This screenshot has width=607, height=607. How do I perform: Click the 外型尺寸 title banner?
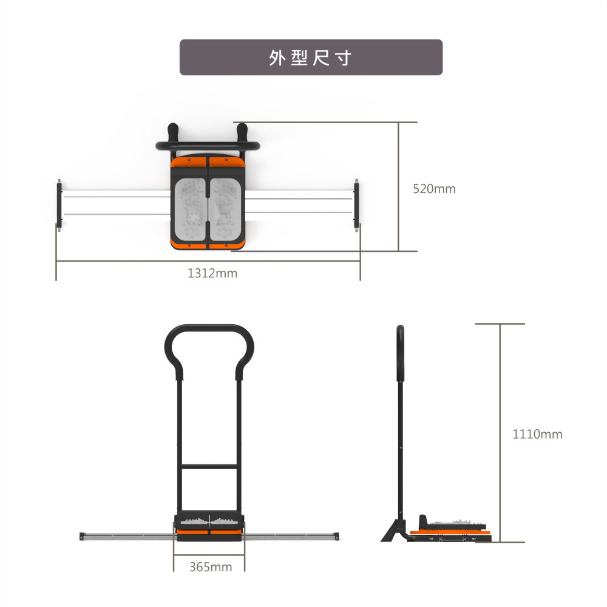311,57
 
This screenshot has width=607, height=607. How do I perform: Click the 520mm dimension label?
434,189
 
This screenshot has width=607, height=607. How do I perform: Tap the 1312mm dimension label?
212,273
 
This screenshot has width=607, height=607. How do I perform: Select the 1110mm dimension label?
537,434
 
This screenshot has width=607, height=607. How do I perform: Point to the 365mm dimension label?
211,567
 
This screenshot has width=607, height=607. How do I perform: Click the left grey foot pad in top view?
190,209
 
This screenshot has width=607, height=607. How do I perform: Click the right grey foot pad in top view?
225,209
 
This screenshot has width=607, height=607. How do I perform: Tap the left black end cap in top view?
59,205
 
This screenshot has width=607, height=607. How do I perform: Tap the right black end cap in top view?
356,205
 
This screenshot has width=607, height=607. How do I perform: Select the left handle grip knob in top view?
172,132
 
